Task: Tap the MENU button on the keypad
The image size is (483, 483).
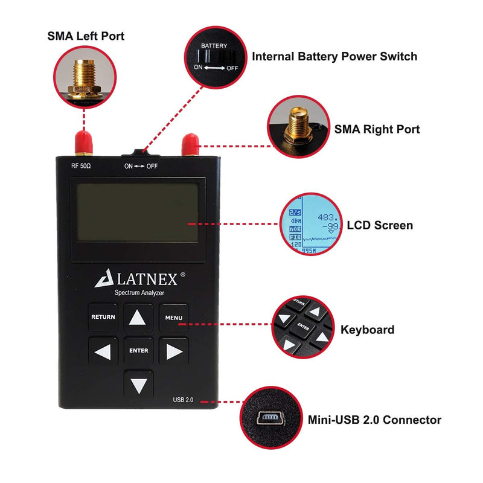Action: pyautogui.click(x=174, y=317)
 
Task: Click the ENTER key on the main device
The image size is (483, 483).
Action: pyautogui.click(x=138, y=350)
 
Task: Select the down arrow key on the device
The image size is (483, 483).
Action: pyautogui.click(x=138, y=384)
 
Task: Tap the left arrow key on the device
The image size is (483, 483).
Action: pyautogui.click(x=103, y=351)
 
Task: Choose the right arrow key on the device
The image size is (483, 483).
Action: pyautogui.click(x=174, y=351)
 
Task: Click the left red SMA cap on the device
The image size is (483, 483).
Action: pyautogui.click(x=83, y=142)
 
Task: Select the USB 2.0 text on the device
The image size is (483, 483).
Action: pyautogui.click(x=184, y=399)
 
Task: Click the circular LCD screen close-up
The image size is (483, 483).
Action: pyautogui.click(x=310, y=225)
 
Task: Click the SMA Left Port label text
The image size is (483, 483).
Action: pyautogui.click(x=86, y=36)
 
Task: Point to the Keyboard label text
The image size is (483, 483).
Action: pyautogui.click(x=367, y=330)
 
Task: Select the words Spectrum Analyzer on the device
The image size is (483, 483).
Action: pyautogui.click(x=139, y=293)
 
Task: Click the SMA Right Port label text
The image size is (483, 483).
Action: pyautogui.click(x=377, y=129)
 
